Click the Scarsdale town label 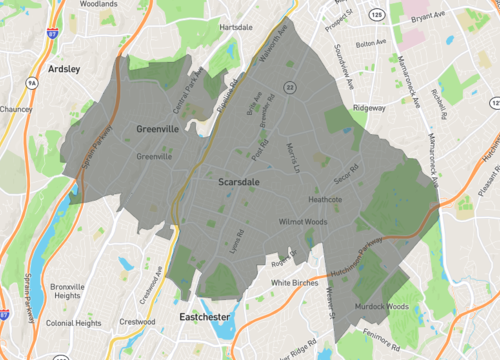240,182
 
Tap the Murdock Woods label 384,306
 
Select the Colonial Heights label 73,324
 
